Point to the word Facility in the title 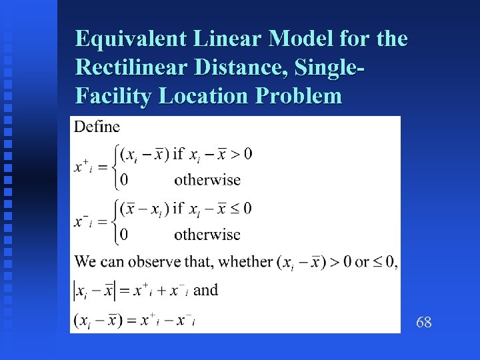pyautogui.click(x=113, y=96)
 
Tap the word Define pyautogui.click(x=97, y=127)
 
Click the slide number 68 pyautogui.click(x=423, y=323)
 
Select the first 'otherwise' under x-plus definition pyautogui.click(x=207, y=179)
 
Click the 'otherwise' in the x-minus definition pyautogui.click(x=207, y=234)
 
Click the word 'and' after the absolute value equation pyautogui.click(x=205, y=290)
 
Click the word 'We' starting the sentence pyautogui.click(x=85, y=262)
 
